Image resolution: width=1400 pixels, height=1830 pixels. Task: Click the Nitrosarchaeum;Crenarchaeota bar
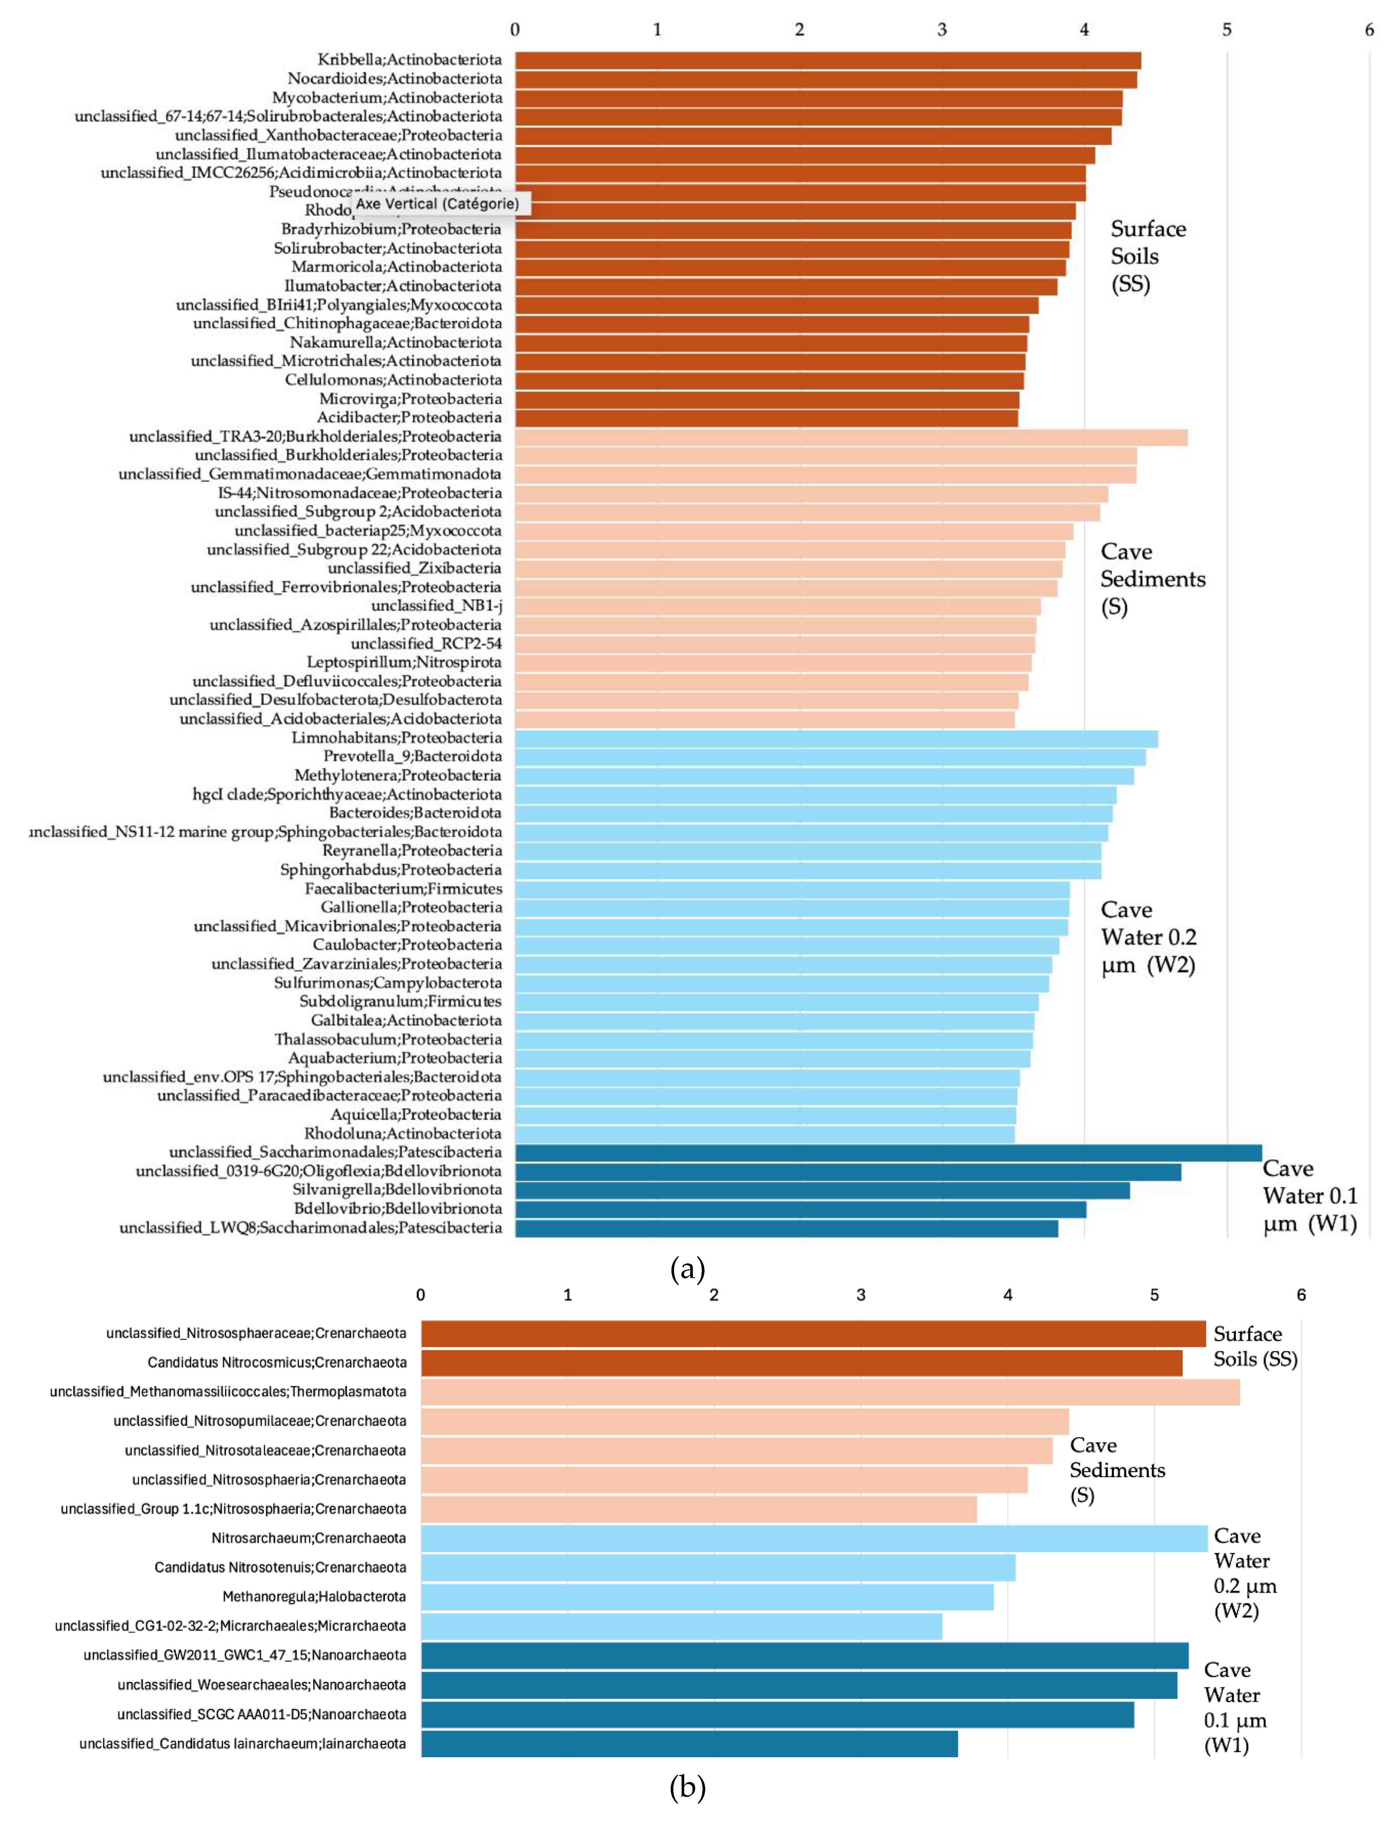[x=813, y=1538]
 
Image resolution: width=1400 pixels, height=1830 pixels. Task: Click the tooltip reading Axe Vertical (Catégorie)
[x=437, y=203]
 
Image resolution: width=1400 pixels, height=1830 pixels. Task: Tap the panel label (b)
[x=688, y=1787]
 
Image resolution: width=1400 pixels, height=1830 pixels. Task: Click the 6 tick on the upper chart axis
[x=1368, y=30]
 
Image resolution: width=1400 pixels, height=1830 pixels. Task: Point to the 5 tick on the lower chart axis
[x=1154, y=1294]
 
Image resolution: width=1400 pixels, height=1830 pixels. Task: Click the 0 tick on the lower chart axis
[x=421, y=1294]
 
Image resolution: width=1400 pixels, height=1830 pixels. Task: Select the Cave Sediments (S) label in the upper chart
[x=1152, y=578]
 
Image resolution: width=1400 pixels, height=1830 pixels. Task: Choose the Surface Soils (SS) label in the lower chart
[x=1254, y=1346]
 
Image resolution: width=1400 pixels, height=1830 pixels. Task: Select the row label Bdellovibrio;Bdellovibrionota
[x=397, y=1208]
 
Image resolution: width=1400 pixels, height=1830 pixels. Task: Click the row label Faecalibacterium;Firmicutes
[x=403, y=888]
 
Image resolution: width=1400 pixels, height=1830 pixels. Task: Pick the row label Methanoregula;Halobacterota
[x=314, y=1597]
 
